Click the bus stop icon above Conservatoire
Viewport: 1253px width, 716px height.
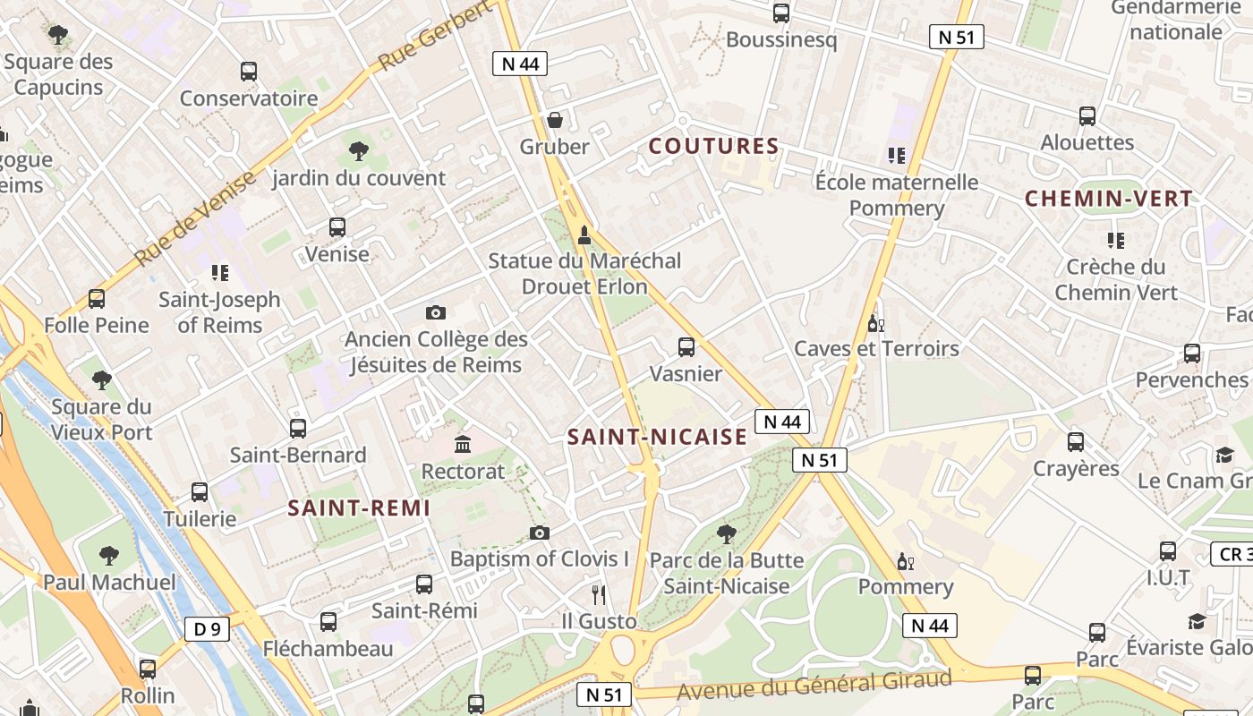point(249,72)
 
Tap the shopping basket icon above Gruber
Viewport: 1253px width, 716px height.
point(555,120)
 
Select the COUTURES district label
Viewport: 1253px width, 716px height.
point(713,146)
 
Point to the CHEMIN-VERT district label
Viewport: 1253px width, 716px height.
point(1108,199)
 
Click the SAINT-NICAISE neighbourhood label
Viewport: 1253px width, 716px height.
point(657,437)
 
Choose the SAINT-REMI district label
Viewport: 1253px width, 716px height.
point(359,508)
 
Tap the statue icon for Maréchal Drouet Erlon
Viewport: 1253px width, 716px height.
point(584,235)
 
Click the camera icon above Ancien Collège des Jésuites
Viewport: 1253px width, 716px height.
point(436,312)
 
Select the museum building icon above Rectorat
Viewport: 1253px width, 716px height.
point(463,444)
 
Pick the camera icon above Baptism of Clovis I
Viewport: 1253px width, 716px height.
point(539,533)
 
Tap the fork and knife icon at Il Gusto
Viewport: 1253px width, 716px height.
point(599,594)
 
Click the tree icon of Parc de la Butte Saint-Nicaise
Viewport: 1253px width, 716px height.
point(727,534)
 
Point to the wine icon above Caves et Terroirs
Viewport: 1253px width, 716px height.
point(875,323)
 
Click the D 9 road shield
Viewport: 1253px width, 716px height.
point(207,629)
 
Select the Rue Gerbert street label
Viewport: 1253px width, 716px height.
point(435,37)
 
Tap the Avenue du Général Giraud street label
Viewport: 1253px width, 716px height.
point(814,686)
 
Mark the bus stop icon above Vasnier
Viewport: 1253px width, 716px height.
point(686,347)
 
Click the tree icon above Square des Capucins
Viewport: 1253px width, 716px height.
point(59,36)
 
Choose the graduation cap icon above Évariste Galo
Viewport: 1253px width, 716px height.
point(1197,621)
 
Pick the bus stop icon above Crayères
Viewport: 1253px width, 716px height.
point(1076,442)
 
